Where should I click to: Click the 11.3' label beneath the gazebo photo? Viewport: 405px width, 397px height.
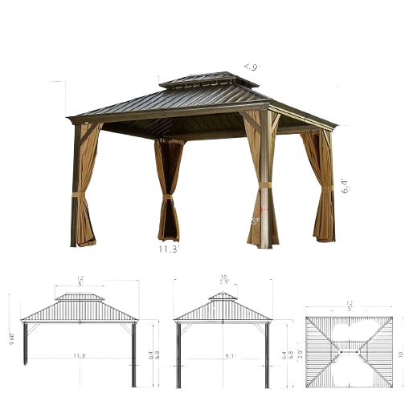point(169,249)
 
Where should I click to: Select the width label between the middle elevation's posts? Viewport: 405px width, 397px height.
point(229,355)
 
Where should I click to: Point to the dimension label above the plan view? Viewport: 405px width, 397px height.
point(350,304)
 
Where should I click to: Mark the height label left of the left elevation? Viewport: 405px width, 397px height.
point(12,338)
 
